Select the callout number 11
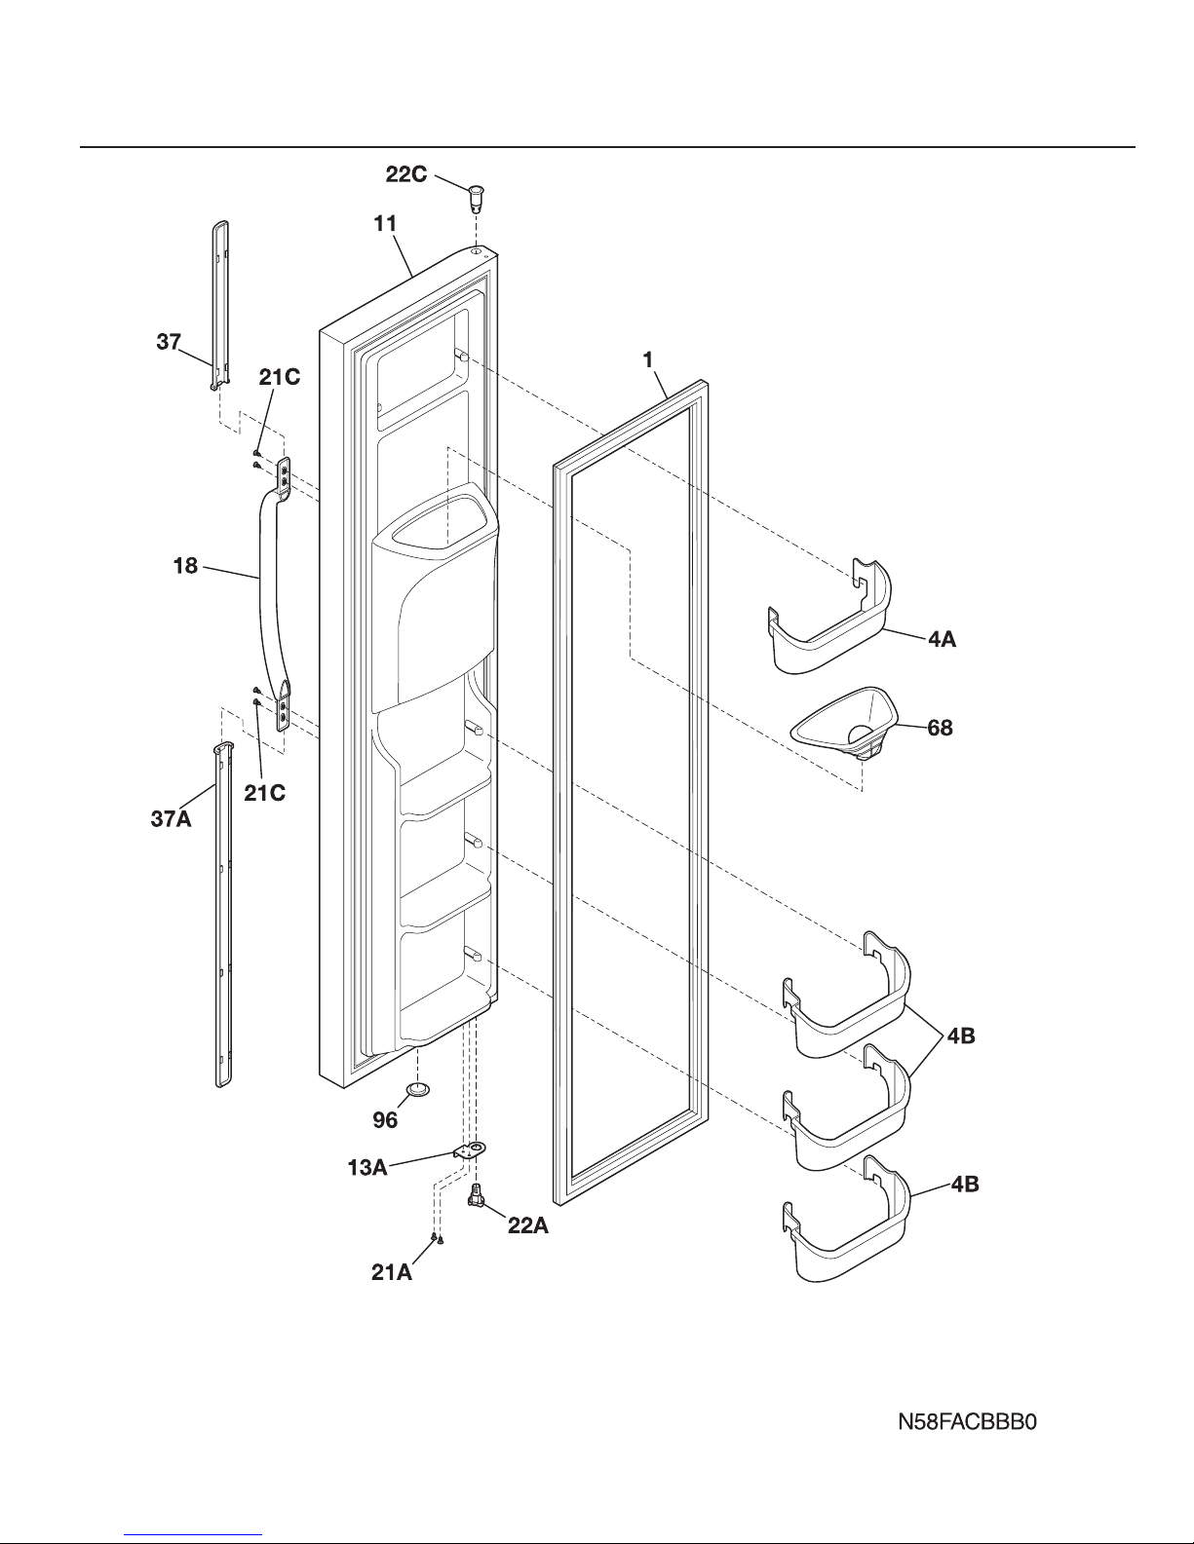click(x=386, y=223)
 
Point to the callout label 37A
click(x=171, y=819)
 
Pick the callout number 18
click(x=186, y=566)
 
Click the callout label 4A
click(x=941, y=641)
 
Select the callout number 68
click(x=941, y=727)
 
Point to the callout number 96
click(x=385, y=1120)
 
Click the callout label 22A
click(x=528, y=1226)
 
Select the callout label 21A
click(x=392, y=1272)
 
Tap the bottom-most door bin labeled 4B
click(x=848, y=1223)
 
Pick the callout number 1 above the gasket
click(x=646, y=359)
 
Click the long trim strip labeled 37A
click(x=223, y=916)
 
